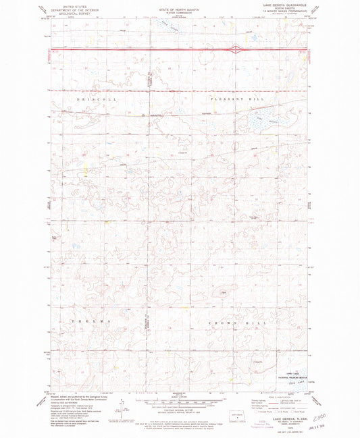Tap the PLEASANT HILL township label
(234, 99)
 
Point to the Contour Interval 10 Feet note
(179, 410)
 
